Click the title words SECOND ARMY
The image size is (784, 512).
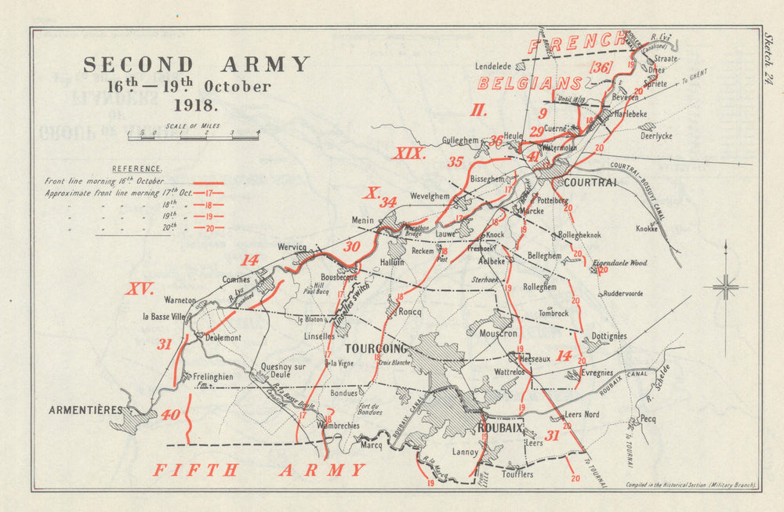pos(197,64)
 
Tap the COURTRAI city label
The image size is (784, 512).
pos(590,182)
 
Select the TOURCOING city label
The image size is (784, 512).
pos(376,348)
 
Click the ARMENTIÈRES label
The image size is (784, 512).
pos(85,409)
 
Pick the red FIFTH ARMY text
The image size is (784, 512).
pos(259,470)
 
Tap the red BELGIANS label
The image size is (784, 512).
pos(529,83)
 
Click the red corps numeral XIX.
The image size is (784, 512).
pos(408,154)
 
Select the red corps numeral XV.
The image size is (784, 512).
pos(140,289)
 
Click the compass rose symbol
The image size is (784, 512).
pos(726,287)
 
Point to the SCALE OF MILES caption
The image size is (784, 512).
pos(193,125)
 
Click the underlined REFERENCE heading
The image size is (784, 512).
pos(137,169)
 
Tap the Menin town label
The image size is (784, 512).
pos(363,220)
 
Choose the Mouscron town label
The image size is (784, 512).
pos(497,333)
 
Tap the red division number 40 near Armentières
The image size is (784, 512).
pos(169,416)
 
